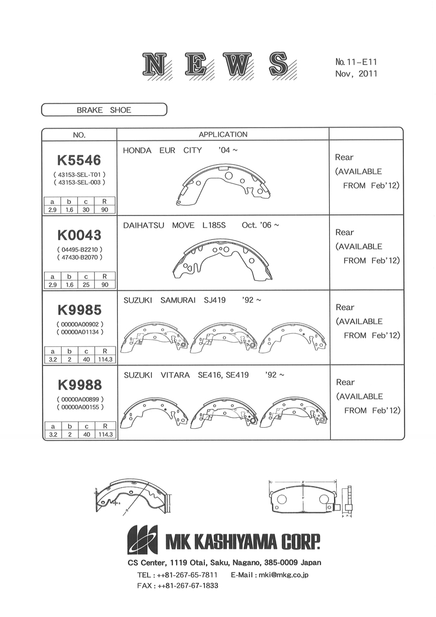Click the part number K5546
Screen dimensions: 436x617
79,160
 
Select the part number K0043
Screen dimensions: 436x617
80,235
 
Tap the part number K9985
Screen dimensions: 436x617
80,310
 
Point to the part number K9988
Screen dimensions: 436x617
80,385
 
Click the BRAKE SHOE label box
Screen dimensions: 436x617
104,110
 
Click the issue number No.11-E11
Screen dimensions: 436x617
356,62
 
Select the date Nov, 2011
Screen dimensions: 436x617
356,74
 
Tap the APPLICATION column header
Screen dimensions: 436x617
223,135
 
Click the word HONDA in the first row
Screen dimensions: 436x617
137,151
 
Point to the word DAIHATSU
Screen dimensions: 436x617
143,225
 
